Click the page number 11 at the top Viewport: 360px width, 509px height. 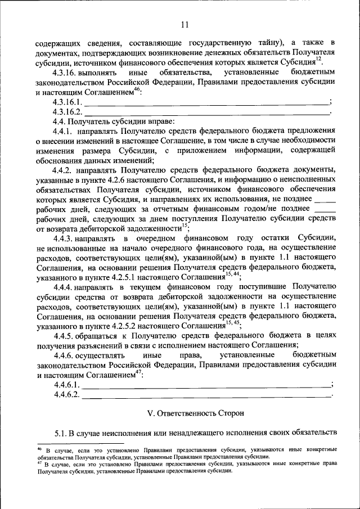click(x=185, y=24)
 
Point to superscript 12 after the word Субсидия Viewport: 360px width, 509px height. click(x=318, y=60)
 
